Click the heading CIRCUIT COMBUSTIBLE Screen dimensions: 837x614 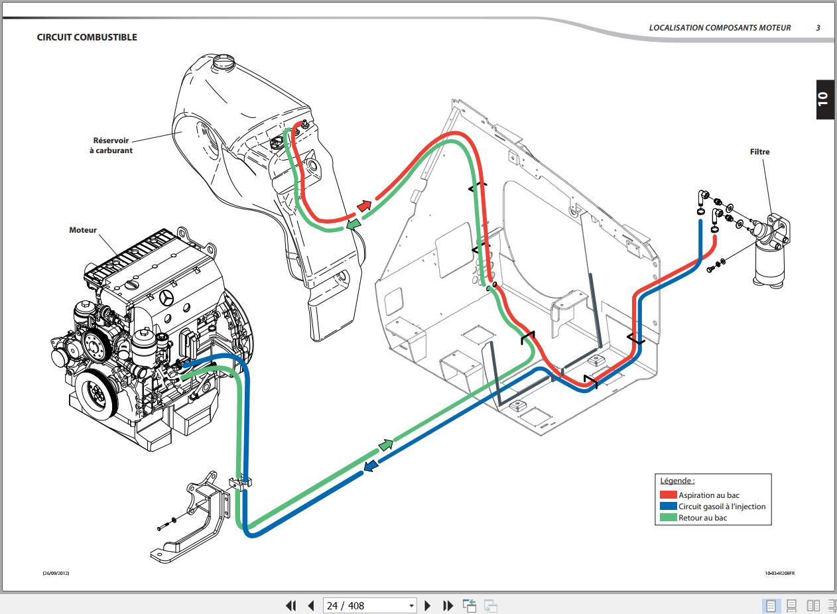(87, 37)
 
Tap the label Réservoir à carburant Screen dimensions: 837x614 (111, 145)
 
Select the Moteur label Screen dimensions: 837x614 (83, 229)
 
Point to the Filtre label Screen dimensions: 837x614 (759, 152)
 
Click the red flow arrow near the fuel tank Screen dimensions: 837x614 (364, 206)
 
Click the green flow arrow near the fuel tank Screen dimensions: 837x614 (354, 224)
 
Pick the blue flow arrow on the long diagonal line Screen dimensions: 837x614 (371, 465)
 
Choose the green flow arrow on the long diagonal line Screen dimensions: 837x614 (386, 445)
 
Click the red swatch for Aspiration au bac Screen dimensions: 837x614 (668, 495)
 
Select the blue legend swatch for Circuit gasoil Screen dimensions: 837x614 (668, 506)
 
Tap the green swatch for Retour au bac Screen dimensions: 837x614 (668, 517)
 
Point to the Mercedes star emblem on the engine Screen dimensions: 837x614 (166, 298)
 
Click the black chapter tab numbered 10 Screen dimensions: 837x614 (825, 99)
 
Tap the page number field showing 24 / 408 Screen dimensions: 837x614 (370, 605)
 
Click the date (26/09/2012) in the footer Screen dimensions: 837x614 (56, 573)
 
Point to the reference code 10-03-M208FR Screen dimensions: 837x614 (779, 573)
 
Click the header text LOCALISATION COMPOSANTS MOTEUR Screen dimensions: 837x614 (720, 28)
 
